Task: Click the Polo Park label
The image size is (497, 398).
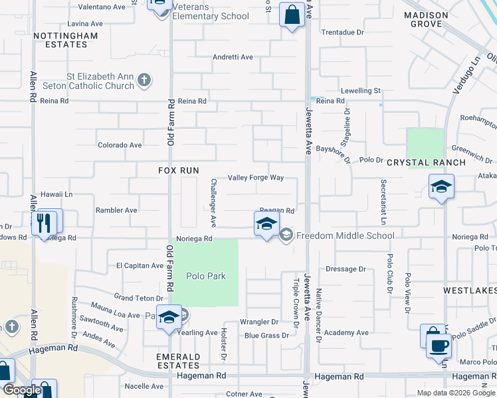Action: pos(206,277)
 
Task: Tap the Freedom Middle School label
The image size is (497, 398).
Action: pos(345,235)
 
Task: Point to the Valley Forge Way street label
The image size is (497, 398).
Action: pos(256,178)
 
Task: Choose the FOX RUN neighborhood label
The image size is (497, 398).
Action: pos(179,170)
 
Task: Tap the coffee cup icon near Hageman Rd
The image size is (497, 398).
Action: pos(438,346)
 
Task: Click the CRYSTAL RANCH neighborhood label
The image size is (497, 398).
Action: pos(419,162)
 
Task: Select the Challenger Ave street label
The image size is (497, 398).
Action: pos(214,200)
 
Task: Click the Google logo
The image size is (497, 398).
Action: pos(22,391)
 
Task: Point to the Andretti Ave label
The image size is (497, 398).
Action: pos(233,57)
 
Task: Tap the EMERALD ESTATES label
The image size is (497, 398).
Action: pos(179,361)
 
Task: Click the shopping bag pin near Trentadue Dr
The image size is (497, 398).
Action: pos(292,14)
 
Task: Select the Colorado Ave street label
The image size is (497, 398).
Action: pos(120,145)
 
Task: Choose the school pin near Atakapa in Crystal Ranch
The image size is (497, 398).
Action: pos(441,188)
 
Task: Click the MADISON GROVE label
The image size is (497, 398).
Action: pos(423,19)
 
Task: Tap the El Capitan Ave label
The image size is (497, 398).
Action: pos(140,265)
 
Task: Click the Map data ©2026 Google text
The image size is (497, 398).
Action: pos(455,393)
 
